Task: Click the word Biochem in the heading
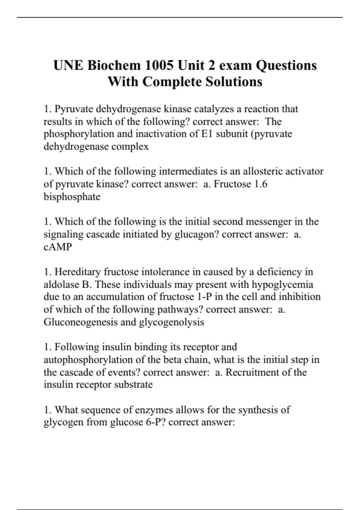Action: [x=114, y=65]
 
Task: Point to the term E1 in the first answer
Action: [x=206, y=134]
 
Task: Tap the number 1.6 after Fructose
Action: [x=260, y=184]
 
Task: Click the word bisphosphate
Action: [x=72, y=197]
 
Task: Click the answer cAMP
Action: [x=58, y=247]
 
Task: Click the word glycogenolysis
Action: [x=171, y=322]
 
